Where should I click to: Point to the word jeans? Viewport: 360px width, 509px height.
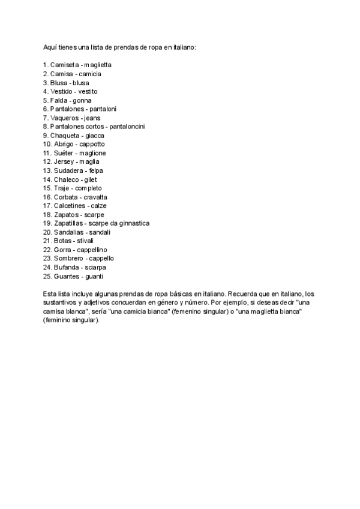click(92, 118)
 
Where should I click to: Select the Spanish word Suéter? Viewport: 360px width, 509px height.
click(64, 153)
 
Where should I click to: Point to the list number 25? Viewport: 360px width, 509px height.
click(47, 276)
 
